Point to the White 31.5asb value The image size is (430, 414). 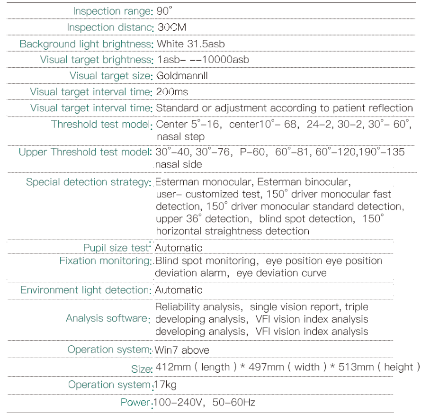click(x=190, y=44)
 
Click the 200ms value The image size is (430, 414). click(x=172, y=92)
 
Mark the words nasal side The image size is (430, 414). click(x=179, y=164)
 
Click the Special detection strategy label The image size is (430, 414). click(x=88, y=182)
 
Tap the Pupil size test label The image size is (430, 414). click(x=116, y=248)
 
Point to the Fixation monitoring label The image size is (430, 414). click(x=104, y=261)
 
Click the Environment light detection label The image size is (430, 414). click(x=85, y=290)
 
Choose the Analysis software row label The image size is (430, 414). click(x=107, y=318)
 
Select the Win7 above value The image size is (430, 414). click(x=182, y=351)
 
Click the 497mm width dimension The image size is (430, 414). click(x=267, y=367)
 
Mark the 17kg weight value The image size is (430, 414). click(x=166, y=385)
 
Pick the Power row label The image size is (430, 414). click(x=135, y=403)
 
